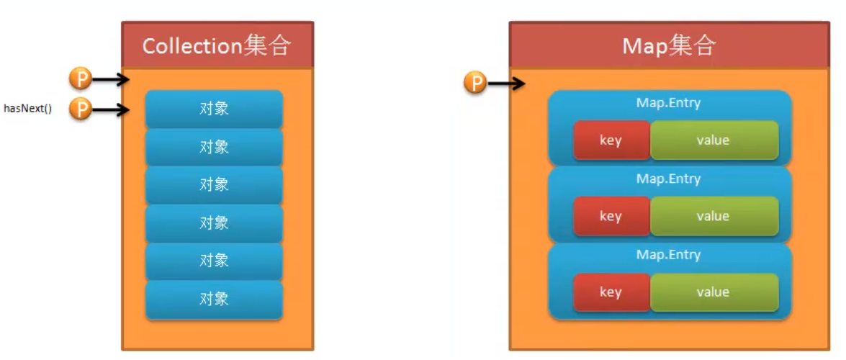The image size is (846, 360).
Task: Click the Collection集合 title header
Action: point(217,45)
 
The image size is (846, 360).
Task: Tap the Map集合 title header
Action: point(669,45)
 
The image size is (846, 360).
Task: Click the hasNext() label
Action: point(28,110)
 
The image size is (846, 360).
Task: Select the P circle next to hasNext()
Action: point(80,110)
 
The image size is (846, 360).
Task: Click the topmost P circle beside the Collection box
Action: point(80,79)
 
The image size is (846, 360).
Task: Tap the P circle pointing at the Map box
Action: point(475,84)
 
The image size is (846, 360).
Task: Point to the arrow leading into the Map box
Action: point(506,84)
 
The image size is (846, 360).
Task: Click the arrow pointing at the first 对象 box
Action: point(110,110)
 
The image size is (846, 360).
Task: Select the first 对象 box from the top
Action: point(214,109)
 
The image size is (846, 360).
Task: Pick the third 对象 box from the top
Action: point(214,184)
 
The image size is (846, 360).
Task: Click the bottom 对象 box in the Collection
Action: point(214,299)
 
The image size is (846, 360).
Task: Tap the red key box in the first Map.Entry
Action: point(611,140)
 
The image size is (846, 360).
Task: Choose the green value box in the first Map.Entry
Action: point(714,140)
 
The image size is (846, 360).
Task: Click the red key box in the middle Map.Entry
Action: point(611,216)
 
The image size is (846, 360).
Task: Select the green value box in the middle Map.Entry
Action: point(714,216)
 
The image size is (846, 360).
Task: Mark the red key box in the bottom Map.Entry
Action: point(611,292)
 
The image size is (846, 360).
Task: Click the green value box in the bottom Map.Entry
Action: point(714,292)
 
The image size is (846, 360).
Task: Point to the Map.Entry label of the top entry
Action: point(668,103)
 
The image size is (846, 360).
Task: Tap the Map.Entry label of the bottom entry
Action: point(668,255)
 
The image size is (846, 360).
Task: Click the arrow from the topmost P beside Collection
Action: point(110,79)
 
